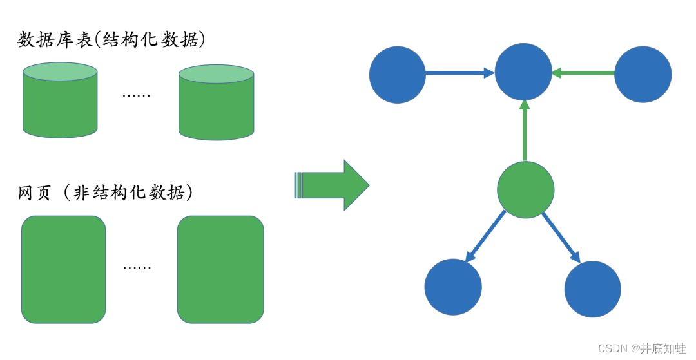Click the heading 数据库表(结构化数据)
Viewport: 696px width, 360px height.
tap(111, 40)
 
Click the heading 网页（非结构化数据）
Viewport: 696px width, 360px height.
tap(106, 193)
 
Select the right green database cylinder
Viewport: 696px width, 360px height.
tap(216, 102)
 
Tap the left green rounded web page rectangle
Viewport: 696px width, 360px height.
tap(63, 269)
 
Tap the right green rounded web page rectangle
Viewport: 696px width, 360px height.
tap(220, 269)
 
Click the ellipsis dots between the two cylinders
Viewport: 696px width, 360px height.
tap(136, 95)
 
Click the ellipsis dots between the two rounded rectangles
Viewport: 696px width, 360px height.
tap(137, 267)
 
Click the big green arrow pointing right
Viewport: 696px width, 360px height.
tap(333, 185)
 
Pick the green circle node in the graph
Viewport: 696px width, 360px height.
tap(526, 189)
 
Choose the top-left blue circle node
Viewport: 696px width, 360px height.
tap(398, 75)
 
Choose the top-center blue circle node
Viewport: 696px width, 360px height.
tap(523, 71)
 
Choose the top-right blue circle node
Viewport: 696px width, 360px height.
tap(643, 74)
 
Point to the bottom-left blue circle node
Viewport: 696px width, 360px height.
tap(454, 287)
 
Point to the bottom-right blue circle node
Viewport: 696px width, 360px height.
tap(592, 289)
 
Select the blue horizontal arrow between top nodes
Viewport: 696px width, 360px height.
tap(459, 73)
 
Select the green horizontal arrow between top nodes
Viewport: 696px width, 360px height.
tap(584, 73)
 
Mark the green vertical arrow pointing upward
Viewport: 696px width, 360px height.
tap(525, 130)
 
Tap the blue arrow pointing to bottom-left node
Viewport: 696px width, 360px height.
tap(485, 236)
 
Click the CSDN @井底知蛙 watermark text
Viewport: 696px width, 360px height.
tap(642, 348)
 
